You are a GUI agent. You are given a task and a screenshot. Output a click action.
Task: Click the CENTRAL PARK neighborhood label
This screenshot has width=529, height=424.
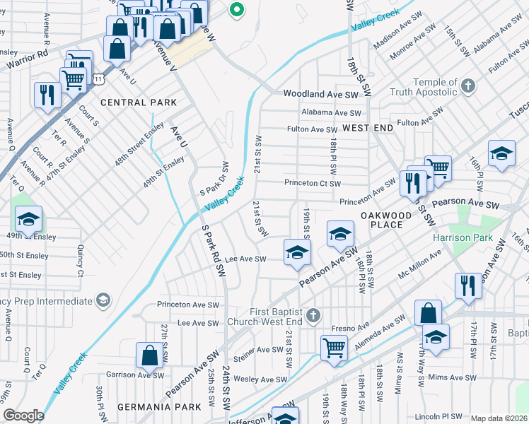(139, 102)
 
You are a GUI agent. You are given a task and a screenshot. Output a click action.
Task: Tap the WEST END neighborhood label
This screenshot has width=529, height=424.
(368, 127)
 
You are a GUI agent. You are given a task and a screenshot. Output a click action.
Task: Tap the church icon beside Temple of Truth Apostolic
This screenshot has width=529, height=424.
(467, 87)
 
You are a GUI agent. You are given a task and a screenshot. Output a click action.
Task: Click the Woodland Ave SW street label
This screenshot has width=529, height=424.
(327, 93)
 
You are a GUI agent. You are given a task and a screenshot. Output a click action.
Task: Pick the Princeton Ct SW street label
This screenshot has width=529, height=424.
(313, 182)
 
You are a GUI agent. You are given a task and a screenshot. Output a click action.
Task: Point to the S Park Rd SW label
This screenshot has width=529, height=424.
(213, 251)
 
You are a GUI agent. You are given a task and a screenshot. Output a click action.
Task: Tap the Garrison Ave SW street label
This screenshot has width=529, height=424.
(130, 375)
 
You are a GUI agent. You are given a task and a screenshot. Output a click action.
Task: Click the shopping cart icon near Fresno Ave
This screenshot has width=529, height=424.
(333, 346)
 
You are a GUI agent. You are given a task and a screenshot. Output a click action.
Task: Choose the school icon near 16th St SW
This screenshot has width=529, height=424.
(501, 153)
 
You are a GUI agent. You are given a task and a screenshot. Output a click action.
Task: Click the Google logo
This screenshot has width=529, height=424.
(23, 416)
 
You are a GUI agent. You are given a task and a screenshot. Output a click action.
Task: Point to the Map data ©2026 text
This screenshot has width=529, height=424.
(499, 418)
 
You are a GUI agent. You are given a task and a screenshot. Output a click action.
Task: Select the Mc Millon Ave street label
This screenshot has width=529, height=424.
(420, 263)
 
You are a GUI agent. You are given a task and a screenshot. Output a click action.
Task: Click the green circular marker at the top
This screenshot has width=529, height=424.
(237, 10)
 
